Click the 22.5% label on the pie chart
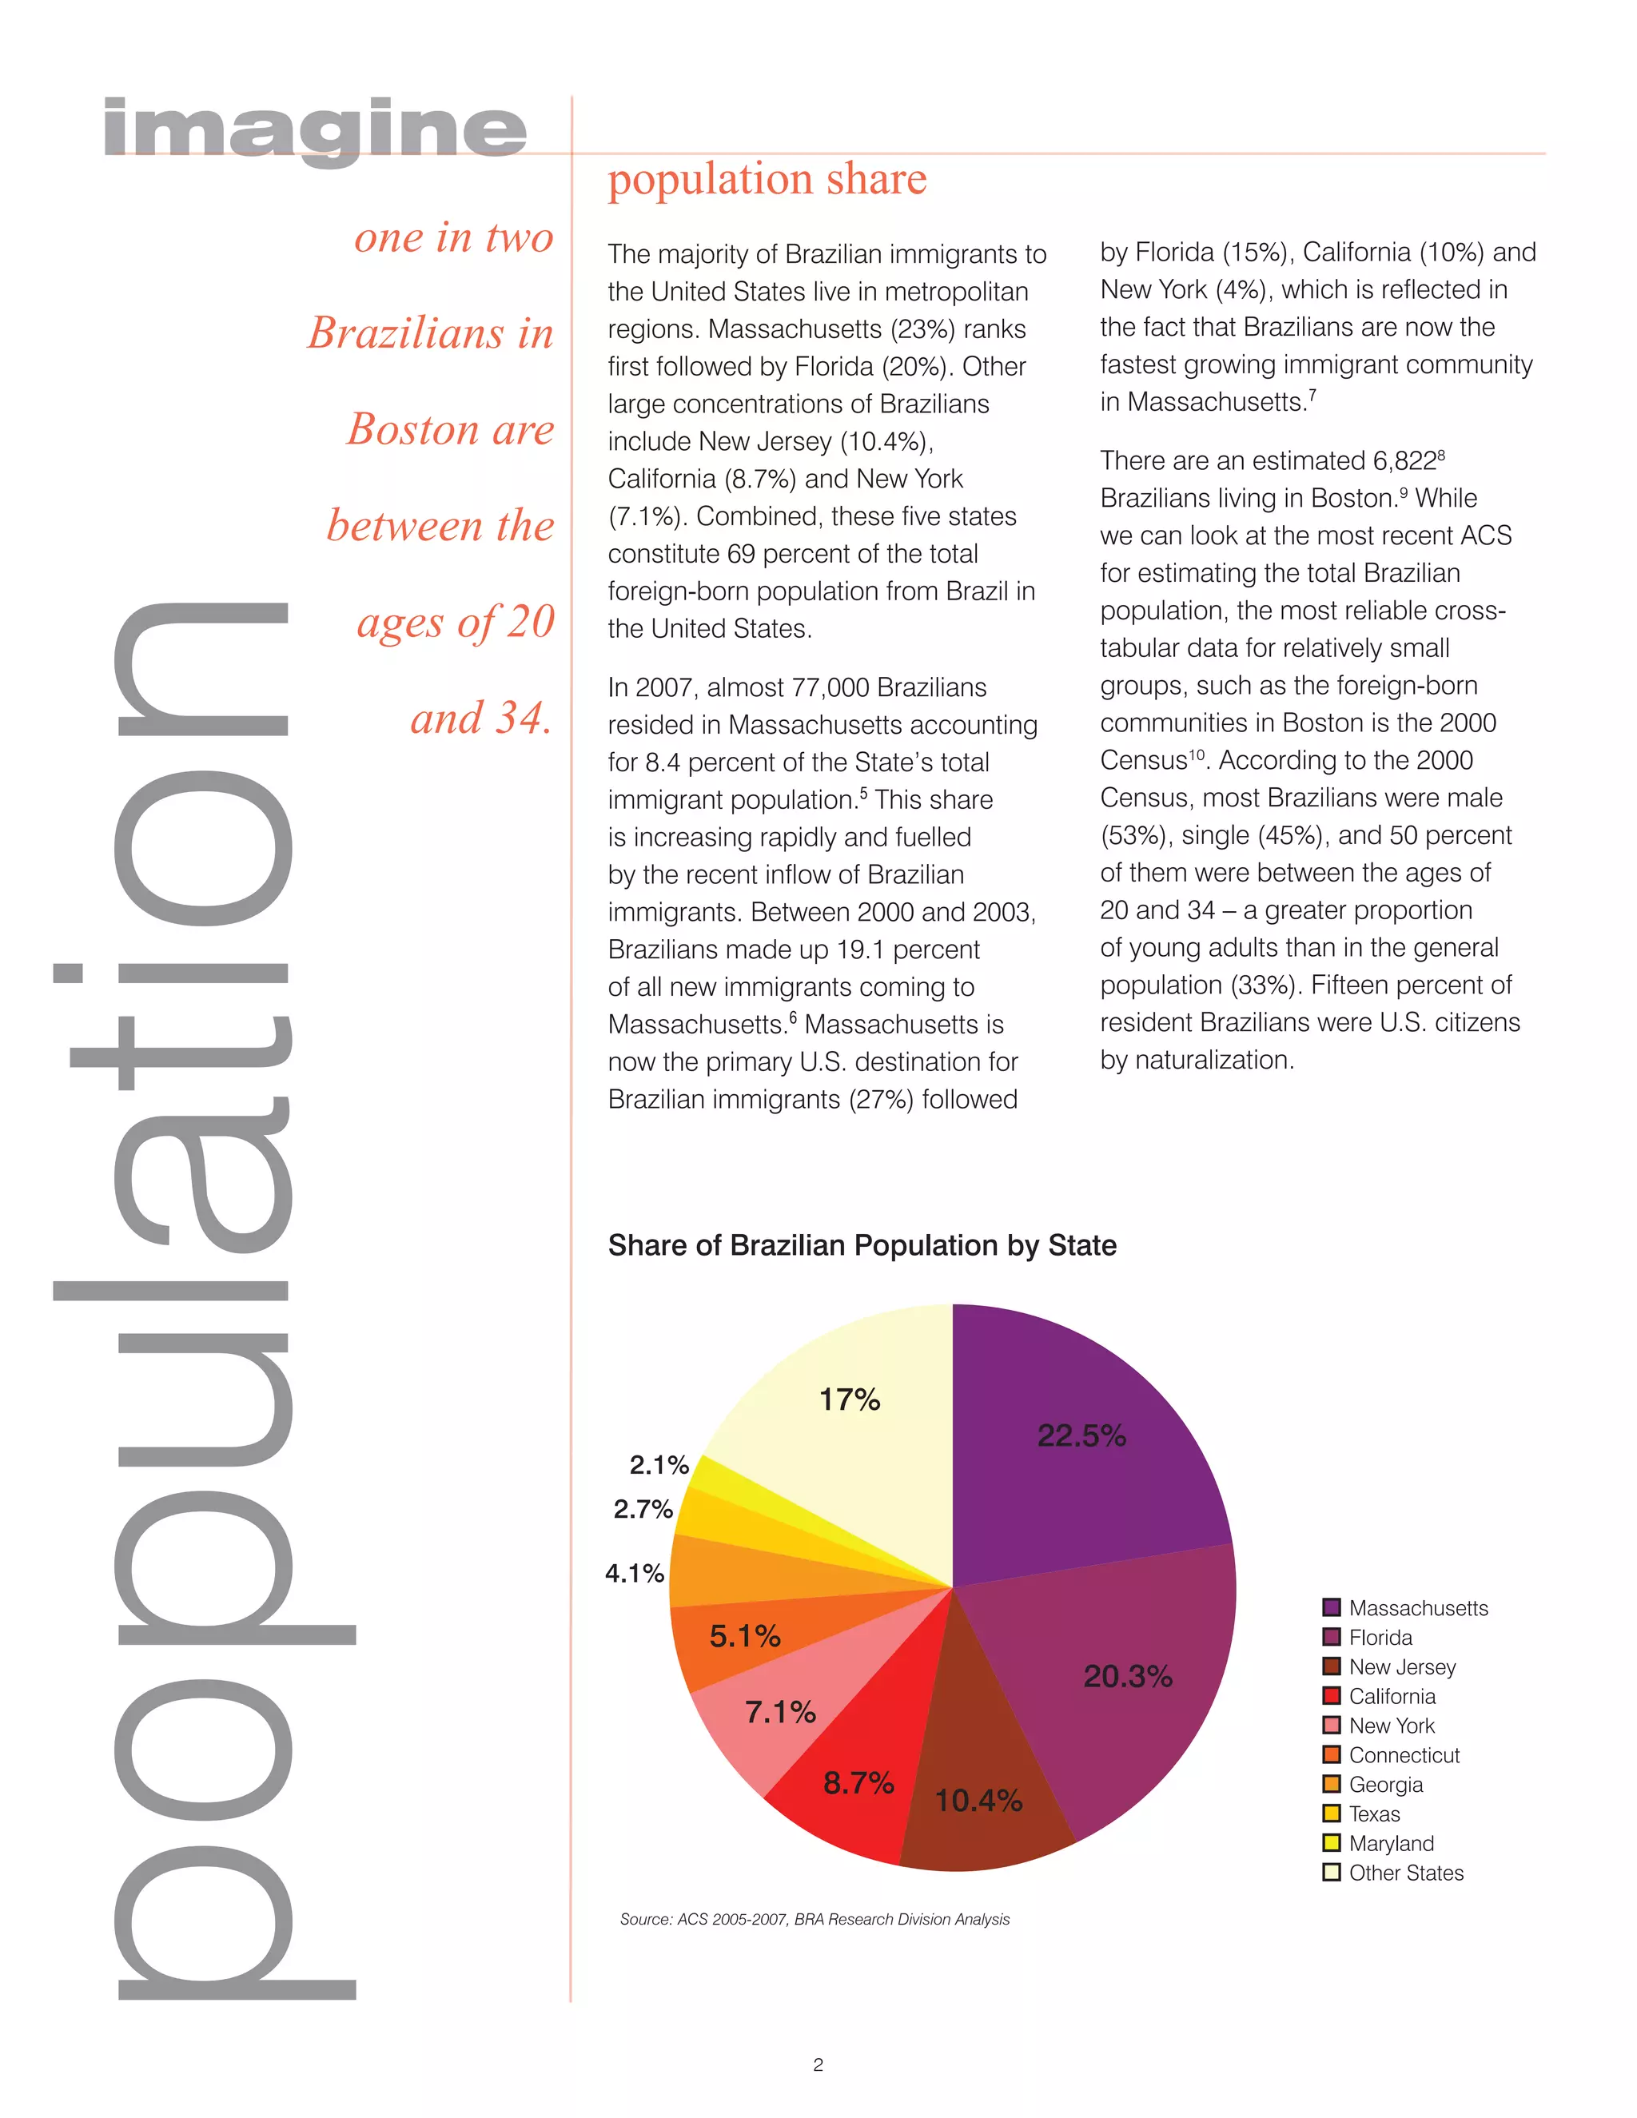point(1081,1435)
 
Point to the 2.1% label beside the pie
point(659,1464)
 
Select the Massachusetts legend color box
point(1332,1608)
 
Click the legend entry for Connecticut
point(1404,1755)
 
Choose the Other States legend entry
point(1405,1873)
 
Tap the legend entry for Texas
point(1374,1813)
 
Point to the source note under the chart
point(815,1919)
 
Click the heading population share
point(767,178)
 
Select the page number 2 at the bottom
point(818,2064)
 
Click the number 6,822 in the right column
point(1404,462)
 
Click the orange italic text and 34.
point(481,718)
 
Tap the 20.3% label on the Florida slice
point(1127,1676)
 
